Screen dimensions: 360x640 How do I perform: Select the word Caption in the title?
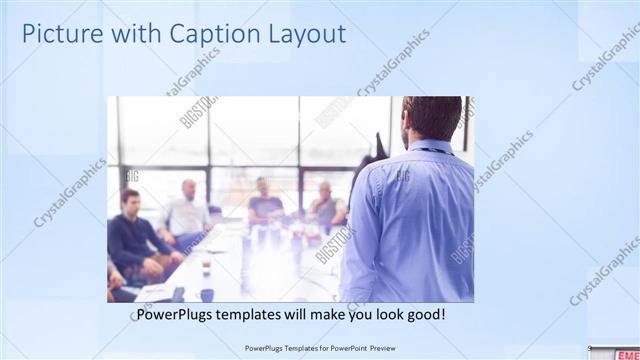coord(207,34)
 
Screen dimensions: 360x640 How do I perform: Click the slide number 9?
coord(589,347)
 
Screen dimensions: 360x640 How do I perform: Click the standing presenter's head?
coord(432,118)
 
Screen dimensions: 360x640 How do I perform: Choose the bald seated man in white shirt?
coord(187,210)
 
